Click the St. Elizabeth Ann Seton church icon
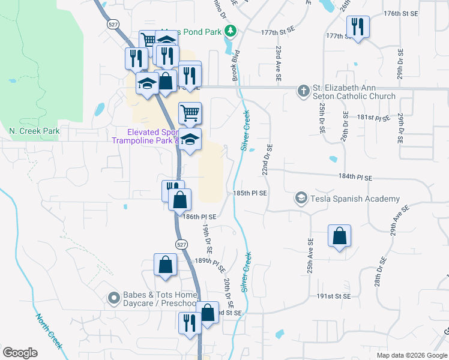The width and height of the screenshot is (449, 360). click(304, 90)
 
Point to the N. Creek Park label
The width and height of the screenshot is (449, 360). click(35, 130)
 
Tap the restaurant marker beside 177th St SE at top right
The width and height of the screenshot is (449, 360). click(357, 27)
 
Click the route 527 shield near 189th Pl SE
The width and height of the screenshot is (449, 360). click(180, 244)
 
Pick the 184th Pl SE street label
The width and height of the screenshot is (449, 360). click(356, 178)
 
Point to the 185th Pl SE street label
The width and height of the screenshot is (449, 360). click(250, 193)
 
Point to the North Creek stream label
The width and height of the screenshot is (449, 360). click(49, 331)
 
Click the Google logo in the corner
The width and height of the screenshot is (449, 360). click(20, 353)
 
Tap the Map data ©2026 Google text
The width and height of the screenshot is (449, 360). click(411, 355)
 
